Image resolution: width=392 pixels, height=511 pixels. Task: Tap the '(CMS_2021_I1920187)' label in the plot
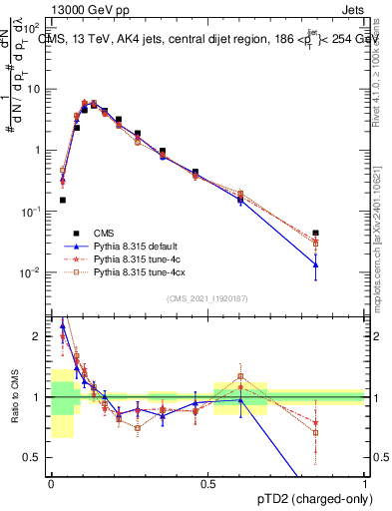(207, 297)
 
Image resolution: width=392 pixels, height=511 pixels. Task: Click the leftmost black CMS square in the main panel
(63, 200)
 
